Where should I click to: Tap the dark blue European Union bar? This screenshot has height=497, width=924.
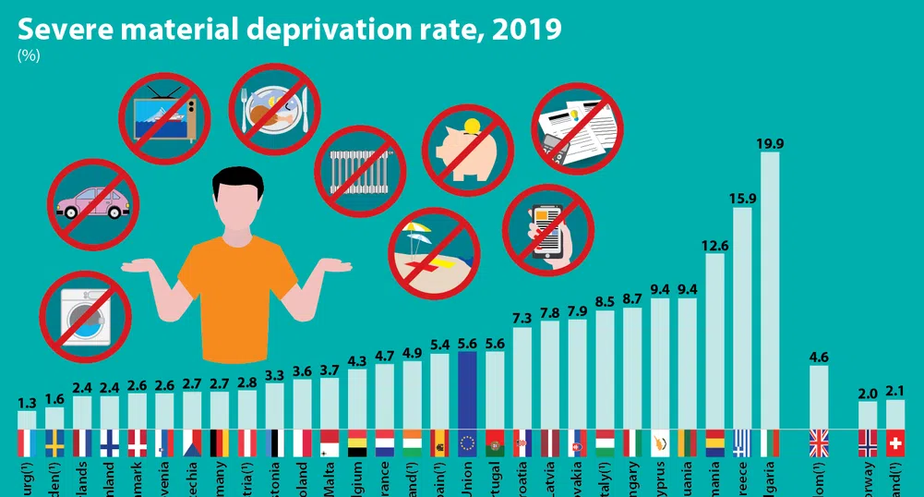coord(467,389)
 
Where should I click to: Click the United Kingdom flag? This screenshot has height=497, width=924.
coord(819,443)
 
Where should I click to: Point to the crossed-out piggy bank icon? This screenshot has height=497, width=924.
coord(468,150)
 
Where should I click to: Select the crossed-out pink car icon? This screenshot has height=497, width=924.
coord(93,203)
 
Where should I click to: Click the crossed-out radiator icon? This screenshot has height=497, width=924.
coord(361,172)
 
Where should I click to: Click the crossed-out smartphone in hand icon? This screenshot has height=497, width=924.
coord(548,229)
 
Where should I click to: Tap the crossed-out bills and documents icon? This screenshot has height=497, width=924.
coord(578,128)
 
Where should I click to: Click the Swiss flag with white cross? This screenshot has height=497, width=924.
coord(894,443)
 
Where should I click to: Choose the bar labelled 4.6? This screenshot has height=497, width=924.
coord(819,397)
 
